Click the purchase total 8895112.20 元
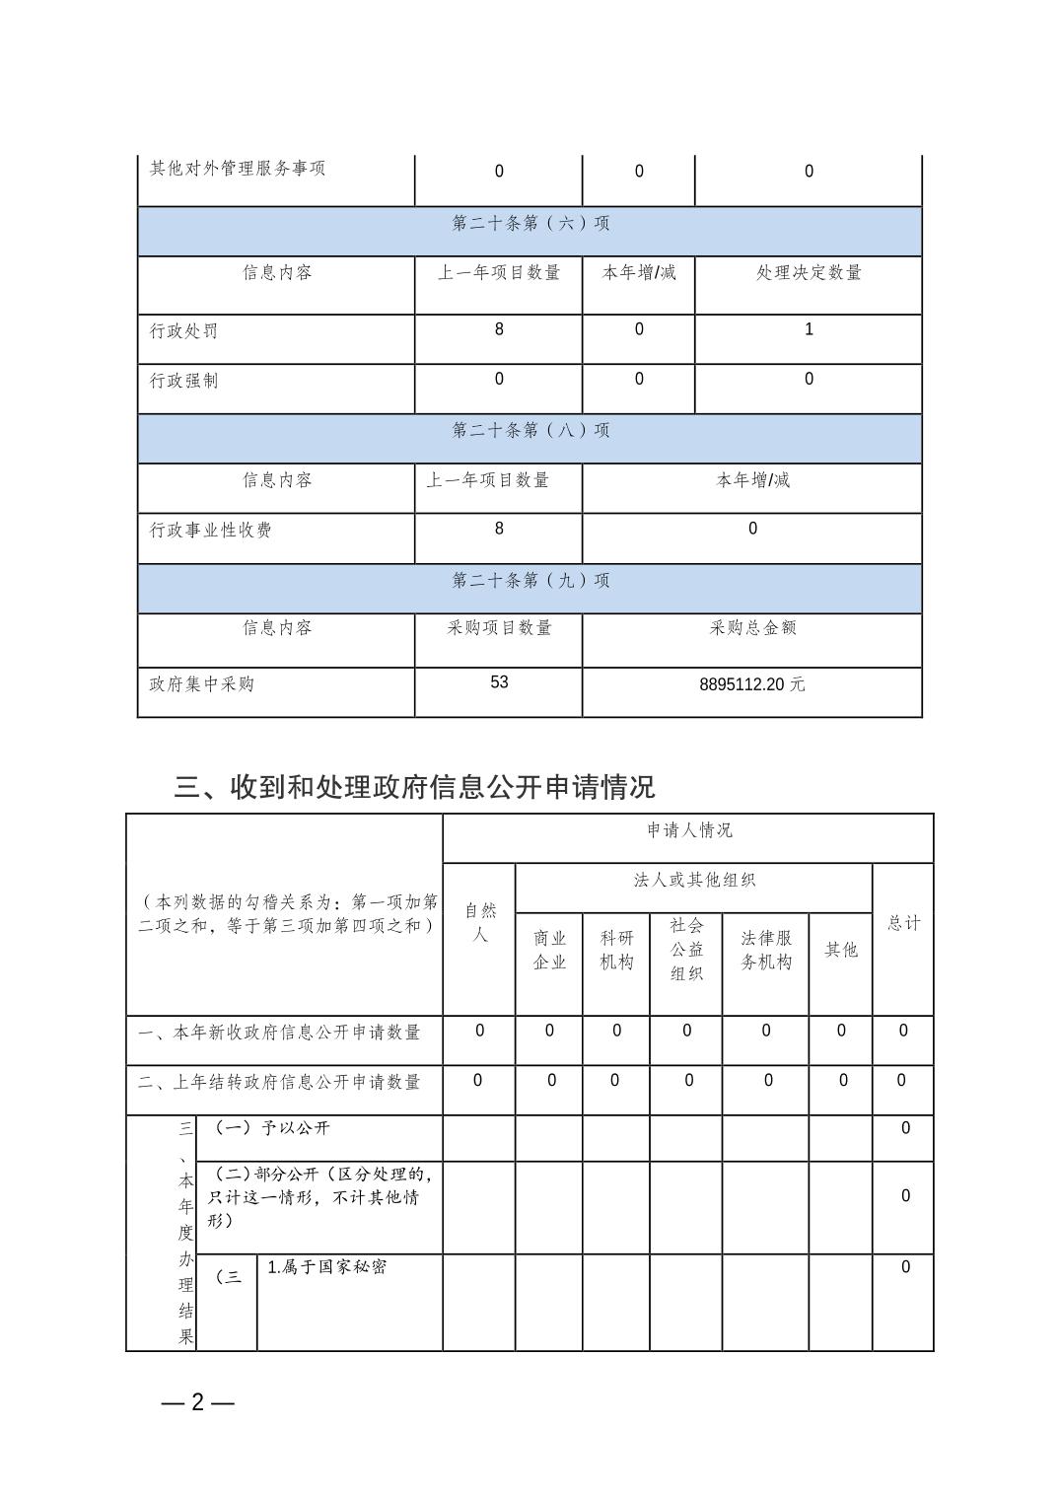751,684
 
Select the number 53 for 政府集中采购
499,682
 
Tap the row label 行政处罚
183,331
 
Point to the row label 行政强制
183,381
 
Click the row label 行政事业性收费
210,531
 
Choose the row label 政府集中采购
201,684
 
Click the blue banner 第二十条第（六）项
530,224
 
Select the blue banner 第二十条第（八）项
530,431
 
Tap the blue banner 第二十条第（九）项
530,581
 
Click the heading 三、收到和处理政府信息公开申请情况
414,787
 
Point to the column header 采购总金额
752,628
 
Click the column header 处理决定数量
809,273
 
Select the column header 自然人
479,922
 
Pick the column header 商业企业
549,950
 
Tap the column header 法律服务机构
766,950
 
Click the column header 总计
903,923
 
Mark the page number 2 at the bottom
197,1402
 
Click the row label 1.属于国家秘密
327,1267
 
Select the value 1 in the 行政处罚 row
809,329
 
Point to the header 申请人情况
688,830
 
